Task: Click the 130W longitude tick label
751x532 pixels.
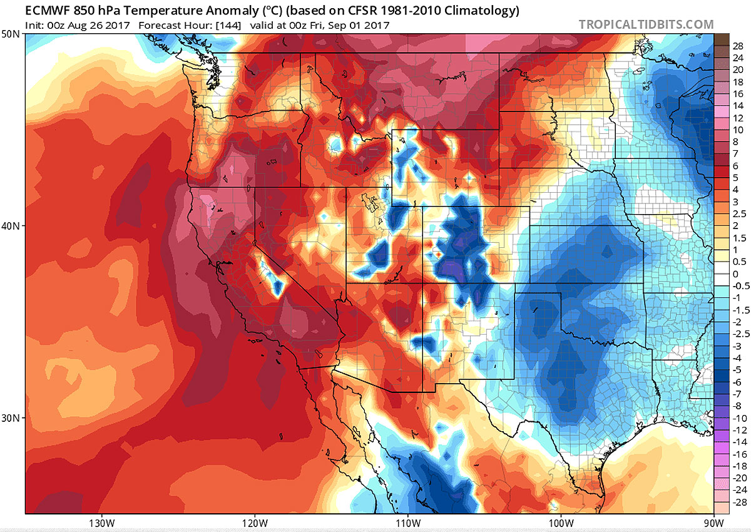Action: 101,523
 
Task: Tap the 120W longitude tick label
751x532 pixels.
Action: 254,523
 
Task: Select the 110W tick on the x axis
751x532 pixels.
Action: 407,523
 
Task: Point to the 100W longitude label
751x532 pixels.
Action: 560,523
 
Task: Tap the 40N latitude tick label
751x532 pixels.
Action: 13,226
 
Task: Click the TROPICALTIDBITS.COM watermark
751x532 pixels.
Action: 646,24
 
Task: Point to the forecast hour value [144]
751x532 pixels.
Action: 228,26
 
